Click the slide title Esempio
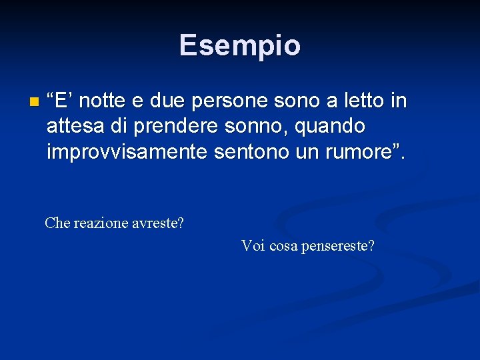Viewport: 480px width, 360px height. (239, 45)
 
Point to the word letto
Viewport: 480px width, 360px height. (359, 101)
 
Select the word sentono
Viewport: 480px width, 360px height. (245, 152)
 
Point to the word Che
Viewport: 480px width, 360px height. (57, 223)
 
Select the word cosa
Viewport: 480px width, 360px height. (283, 246)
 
